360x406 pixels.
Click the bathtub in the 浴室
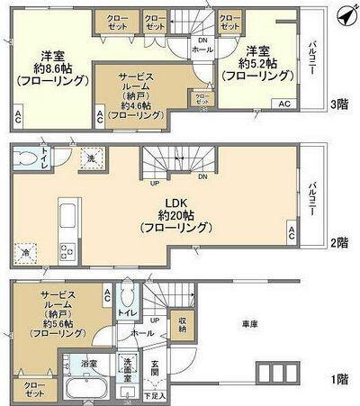88,390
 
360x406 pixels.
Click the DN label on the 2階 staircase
202,176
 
